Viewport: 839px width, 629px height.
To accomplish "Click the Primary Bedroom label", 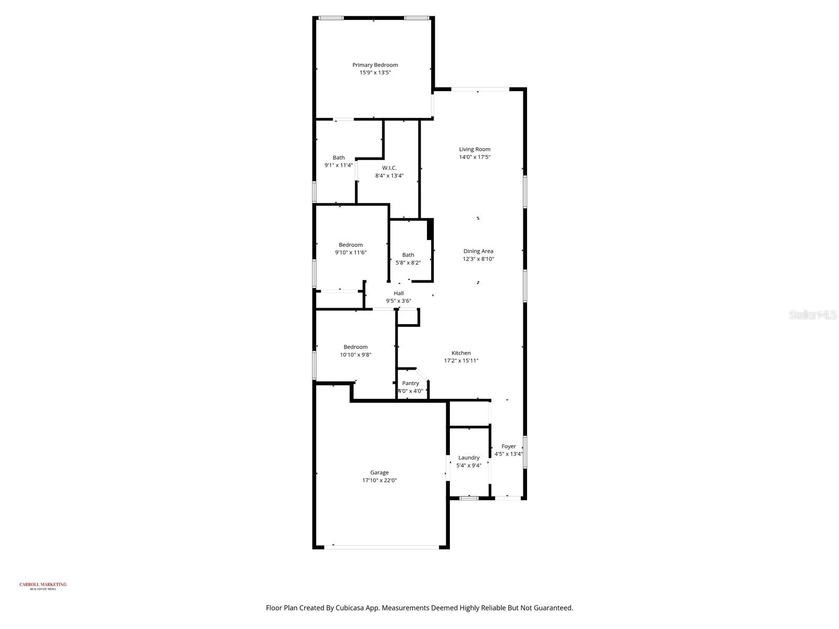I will pos(375,65).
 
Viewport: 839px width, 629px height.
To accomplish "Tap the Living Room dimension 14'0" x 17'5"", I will pos(475,157).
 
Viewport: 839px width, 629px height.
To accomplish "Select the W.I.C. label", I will pos(389,168).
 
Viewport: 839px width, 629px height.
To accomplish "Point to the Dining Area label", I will pos(478,251).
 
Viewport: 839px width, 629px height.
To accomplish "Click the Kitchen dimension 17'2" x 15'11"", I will pos(461,361).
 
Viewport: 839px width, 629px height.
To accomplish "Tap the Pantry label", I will pos(411,383).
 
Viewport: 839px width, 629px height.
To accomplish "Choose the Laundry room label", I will pos(469,458).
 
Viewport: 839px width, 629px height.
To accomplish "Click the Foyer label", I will pos(509,447).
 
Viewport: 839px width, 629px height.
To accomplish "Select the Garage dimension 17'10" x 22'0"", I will pos(379,480).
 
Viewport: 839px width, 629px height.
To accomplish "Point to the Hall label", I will pos(399,293).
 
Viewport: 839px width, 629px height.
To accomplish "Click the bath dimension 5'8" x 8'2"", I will pos(408,263).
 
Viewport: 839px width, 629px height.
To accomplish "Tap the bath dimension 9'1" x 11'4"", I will pos(339,165).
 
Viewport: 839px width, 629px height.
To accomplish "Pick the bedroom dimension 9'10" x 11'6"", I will pos(351,252).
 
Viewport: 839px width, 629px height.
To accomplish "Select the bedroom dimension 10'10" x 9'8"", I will pos(356,354).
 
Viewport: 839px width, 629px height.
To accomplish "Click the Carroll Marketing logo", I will pos(43,585).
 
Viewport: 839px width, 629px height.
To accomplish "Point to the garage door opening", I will pos(381,547).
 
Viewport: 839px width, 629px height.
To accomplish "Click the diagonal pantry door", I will pos(423,373).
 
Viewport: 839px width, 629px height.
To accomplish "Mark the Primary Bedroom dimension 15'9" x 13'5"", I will pos(375,73).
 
